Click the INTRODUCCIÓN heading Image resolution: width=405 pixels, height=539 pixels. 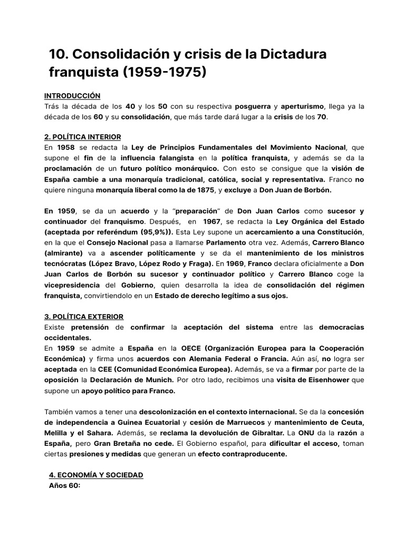point(72,96)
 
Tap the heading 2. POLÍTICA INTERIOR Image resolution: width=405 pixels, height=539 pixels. point(83,137)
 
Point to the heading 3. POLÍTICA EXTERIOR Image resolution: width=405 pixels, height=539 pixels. point(84,316)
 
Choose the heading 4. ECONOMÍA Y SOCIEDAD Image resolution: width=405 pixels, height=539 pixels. point(95,475)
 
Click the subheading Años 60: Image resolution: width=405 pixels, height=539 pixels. point(64,485)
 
